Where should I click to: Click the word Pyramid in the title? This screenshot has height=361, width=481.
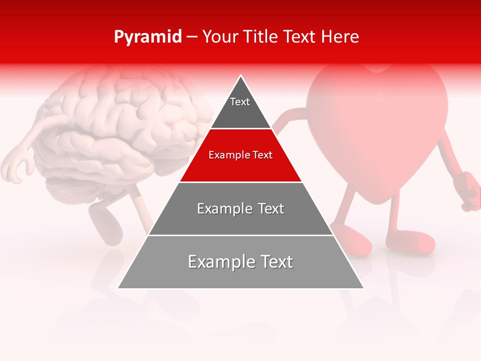tap(148, 37)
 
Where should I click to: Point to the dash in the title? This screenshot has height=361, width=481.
tap(192, 37)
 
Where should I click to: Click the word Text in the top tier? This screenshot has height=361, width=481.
tap(240, 102)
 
